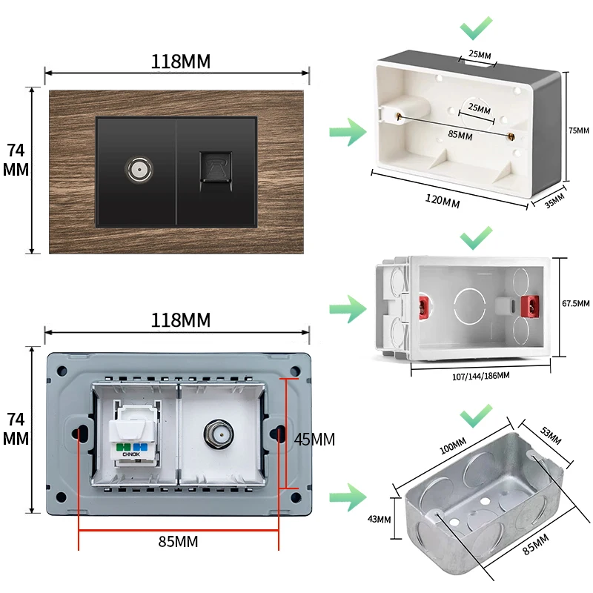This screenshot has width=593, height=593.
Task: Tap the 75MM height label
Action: pyautogui.click(x=578, y=130)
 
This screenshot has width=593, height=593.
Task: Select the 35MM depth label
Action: pyautogui.click(x=554, y=201)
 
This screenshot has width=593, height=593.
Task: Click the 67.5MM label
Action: pyautogui.click(x=576, y=303)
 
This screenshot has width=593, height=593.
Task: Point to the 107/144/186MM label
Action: pyautogui.click(x=480, y=376)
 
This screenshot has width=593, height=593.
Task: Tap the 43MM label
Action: pyautogui.click(x=379, y=519)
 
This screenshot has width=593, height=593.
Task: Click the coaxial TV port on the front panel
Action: pyautogui.click(x=136, y=169)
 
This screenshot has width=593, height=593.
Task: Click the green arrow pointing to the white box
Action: pyautogui.click(x=348, y=133)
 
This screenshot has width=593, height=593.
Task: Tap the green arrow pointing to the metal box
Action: pyautogui.click(x=348, y=495)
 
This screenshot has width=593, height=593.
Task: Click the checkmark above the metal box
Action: pyautogui.click(x=475, y=414)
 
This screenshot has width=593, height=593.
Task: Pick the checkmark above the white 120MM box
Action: pyautogui.click(x=475, y=29)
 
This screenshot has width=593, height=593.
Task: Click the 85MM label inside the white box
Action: pyautogui.click(x=460, y=135)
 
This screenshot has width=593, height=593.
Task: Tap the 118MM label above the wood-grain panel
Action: pyautogui.click(x=181, y=62)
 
